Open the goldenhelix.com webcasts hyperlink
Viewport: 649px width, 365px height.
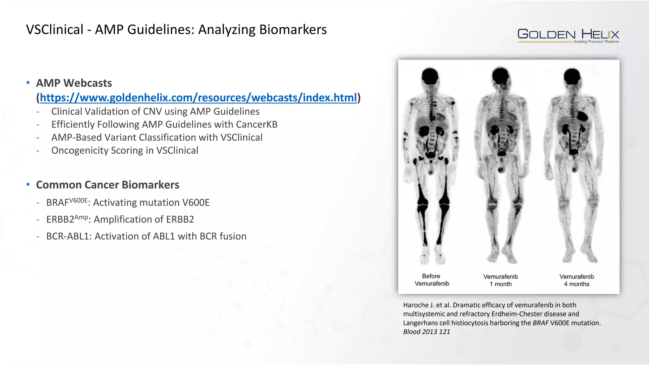point(198,98)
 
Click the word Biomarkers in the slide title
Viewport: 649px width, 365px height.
point(293,29)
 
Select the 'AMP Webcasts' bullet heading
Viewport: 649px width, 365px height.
point(74,83)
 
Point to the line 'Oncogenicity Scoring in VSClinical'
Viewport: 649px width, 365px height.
point(125,150)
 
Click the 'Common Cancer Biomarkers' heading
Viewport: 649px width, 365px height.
point(107,185)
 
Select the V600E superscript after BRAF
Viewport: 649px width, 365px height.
point(78,201)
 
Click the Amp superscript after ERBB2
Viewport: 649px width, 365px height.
point(81,217)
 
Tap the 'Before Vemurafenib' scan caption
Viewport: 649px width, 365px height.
point(432,280)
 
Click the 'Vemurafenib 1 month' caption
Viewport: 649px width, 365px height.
point(501,280)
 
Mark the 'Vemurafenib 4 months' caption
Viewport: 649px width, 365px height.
point(576,280)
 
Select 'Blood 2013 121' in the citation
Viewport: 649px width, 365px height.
point(426,332)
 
